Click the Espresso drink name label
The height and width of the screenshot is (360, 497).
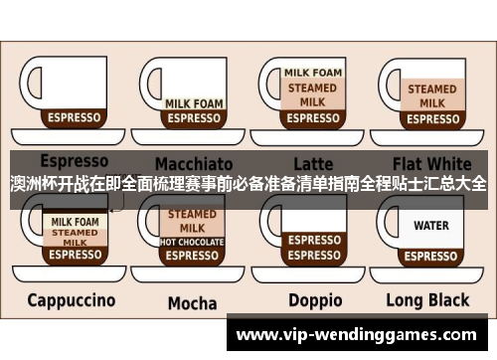[x=75, y=161]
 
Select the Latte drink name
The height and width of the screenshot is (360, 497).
[x=312, y=161]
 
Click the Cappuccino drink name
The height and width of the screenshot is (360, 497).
[x=72, y=299]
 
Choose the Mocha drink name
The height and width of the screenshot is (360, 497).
[x=192, y=302]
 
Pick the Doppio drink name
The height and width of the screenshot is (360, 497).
[x=315, y=299]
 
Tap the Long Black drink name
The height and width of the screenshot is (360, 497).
[x=432, y=299]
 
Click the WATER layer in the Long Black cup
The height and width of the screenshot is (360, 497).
[x=431, y=226]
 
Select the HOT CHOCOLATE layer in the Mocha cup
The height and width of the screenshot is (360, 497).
[x=192, y=241]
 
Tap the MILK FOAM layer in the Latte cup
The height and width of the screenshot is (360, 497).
[x=312, y=73]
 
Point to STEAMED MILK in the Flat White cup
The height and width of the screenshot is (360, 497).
[x=431, y=94]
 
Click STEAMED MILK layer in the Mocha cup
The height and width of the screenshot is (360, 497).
[x=192, y=220]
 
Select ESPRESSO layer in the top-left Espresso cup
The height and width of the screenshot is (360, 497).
[x=75, y=117]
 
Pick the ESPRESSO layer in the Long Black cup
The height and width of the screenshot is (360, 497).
[x=431, y=255]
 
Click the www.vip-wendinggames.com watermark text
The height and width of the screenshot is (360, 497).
[x=362, y=336]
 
